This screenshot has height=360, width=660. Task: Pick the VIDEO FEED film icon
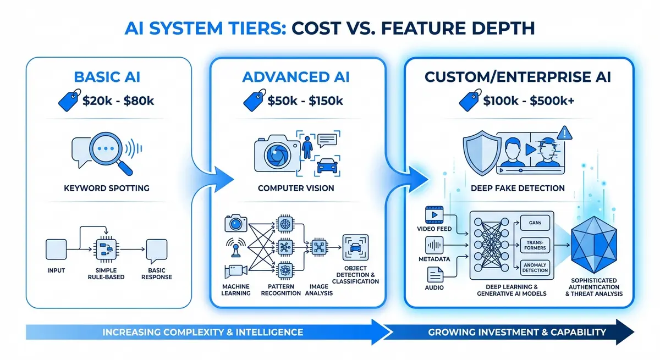(x=435, y=215)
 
